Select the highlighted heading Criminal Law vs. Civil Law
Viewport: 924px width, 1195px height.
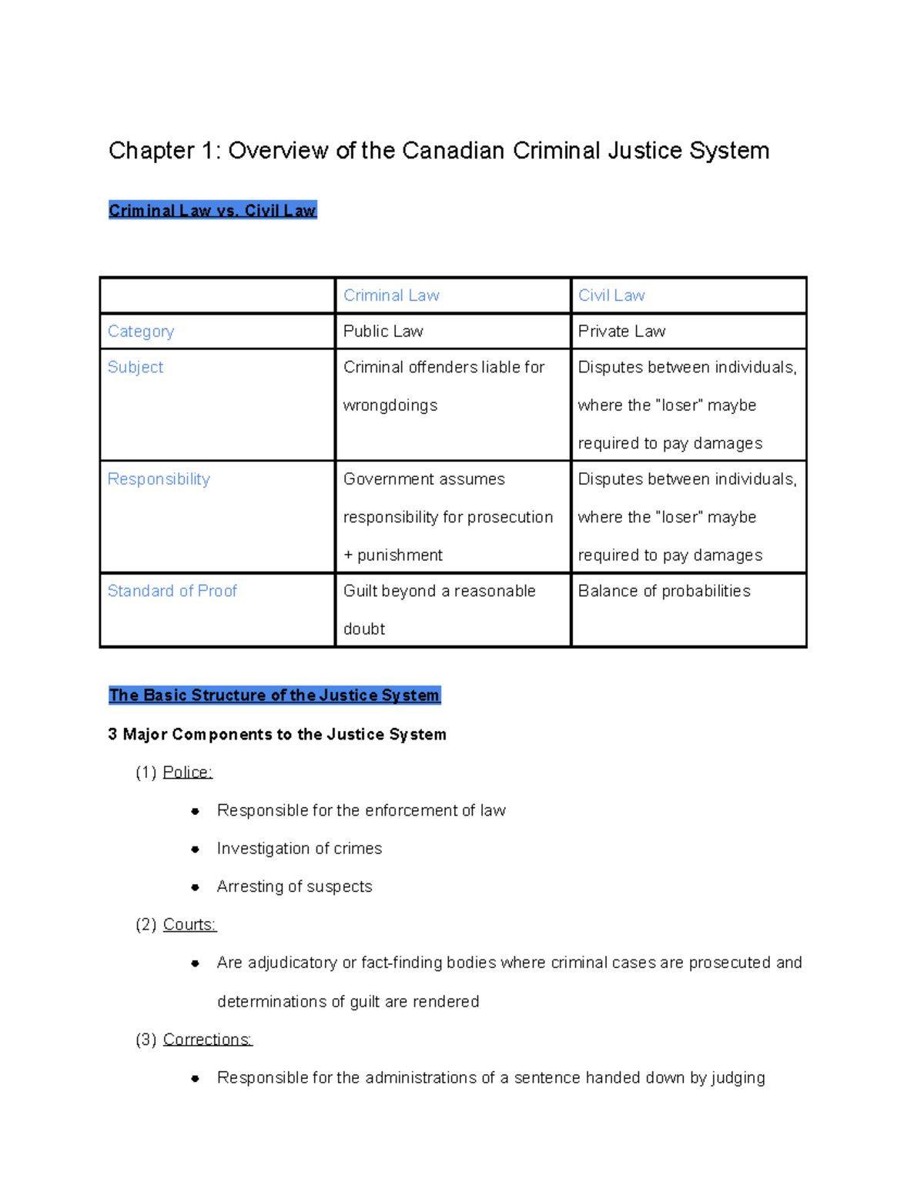pos(213,211)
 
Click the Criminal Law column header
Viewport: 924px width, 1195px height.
pos(391,295)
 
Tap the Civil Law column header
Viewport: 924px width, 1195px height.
pos(611,295)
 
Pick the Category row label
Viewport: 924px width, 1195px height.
pos(141,332)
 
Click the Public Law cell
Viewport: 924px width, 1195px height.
pos(383,332)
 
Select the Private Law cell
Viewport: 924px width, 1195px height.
pos(621,332)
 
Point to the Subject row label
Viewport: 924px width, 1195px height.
pos(136,368)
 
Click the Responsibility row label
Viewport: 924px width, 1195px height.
pos(159,479)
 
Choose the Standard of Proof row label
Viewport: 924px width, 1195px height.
pos(172,591)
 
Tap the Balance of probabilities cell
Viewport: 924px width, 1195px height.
pos(664,591)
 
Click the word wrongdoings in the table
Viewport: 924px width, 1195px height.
pos(390,406)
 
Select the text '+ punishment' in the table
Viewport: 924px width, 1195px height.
pos(393,556)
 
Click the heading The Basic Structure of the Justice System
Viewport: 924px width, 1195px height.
pos(274,696)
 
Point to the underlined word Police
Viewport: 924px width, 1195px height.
pos(187,773)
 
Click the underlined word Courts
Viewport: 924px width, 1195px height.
pos(189,925)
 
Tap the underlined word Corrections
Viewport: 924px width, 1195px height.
pos(207,1040)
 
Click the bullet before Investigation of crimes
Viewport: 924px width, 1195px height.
pos(196,850)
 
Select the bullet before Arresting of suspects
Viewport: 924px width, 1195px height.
pos(196,887)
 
